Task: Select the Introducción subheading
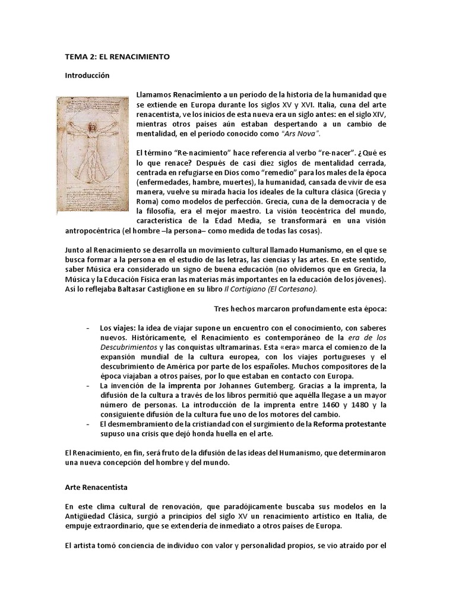[87, 76]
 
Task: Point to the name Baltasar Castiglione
[146, 289]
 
